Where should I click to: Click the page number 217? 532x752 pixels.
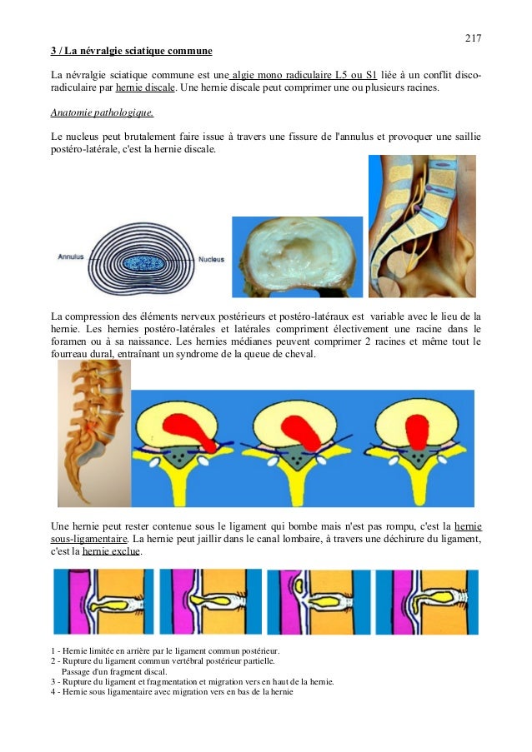pos(473,38)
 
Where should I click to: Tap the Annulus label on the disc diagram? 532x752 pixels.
pos(70,258)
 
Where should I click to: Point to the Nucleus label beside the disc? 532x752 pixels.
pos(211,259)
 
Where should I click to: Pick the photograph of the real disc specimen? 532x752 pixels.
pos(297,256)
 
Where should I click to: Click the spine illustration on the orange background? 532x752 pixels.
pos(422,226)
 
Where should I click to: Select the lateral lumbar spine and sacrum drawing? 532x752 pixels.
pos(94,433)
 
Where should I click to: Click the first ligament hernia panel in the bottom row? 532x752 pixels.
pos(103,602)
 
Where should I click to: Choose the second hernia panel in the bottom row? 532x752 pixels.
pos(210,602)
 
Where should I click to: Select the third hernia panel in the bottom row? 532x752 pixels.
pos(318,602)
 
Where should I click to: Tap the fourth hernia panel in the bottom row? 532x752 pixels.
pos(427,602)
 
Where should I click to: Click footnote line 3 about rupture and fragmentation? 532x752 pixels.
pos(193,681)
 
